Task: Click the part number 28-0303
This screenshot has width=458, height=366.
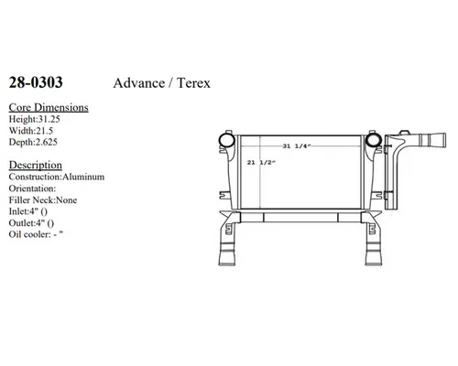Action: click(36, 82)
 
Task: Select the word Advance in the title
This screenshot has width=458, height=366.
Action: click(139, 83)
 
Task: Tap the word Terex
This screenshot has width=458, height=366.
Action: click(193, 83)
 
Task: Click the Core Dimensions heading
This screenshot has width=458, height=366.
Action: click(49, 107)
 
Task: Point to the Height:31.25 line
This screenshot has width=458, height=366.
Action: click(34, 119)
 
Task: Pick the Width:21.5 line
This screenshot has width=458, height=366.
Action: click(31, 131)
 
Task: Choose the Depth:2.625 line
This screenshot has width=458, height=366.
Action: click(33, 142)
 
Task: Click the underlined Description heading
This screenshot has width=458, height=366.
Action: click(36, 165)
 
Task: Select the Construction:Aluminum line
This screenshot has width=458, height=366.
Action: click(57, 177)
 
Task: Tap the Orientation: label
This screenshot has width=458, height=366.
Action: click(32, 188)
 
